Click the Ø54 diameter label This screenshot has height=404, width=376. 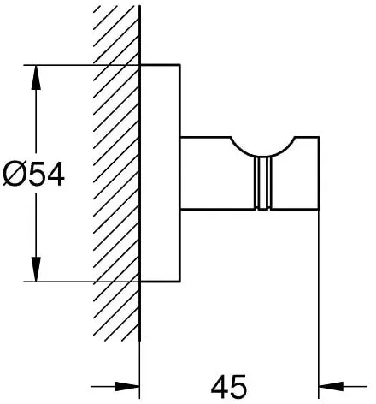pyautogui.click(x=33, y=175)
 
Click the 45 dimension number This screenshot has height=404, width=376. pyautogui.click(x=229, y=387)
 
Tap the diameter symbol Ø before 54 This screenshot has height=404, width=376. pyautogui.click(x=13, y=175)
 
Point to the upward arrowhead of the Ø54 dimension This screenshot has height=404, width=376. pyautogui.click(x=36, y=78)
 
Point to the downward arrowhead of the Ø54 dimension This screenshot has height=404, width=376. pyautogui.click(x=36, y=269)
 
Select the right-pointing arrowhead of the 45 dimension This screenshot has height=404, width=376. pyautogui.click(x=127, y=387)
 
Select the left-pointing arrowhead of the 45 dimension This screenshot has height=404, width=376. pyautogui.click(x=331, y=387)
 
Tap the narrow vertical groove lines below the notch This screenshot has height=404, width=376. pyautogui.click(x=262, y=183)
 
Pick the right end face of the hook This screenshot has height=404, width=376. pyautogui.click(x=319, y=174)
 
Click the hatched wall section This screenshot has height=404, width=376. pyautogui.click(x=116, y=174)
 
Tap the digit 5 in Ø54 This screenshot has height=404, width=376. pyautogui.click(x=34, y=175)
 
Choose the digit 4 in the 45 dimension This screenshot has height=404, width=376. pyautogui.click(x=220, y=387)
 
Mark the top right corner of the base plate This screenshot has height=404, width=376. pyautogui.click(x=180, y=65)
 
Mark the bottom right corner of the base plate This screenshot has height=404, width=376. pyautogui.click(x=180, y=282)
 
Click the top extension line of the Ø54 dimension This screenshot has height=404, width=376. pyautogui.click(x=82, y=65)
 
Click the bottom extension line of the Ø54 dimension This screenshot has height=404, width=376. pyautogui.click(x=82, y=282)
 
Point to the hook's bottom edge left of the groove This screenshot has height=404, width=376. pyautogui.click(x=217, y=210)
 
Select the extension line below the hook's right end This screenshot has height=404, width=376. pyautogui.click(x=319, y=305)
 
